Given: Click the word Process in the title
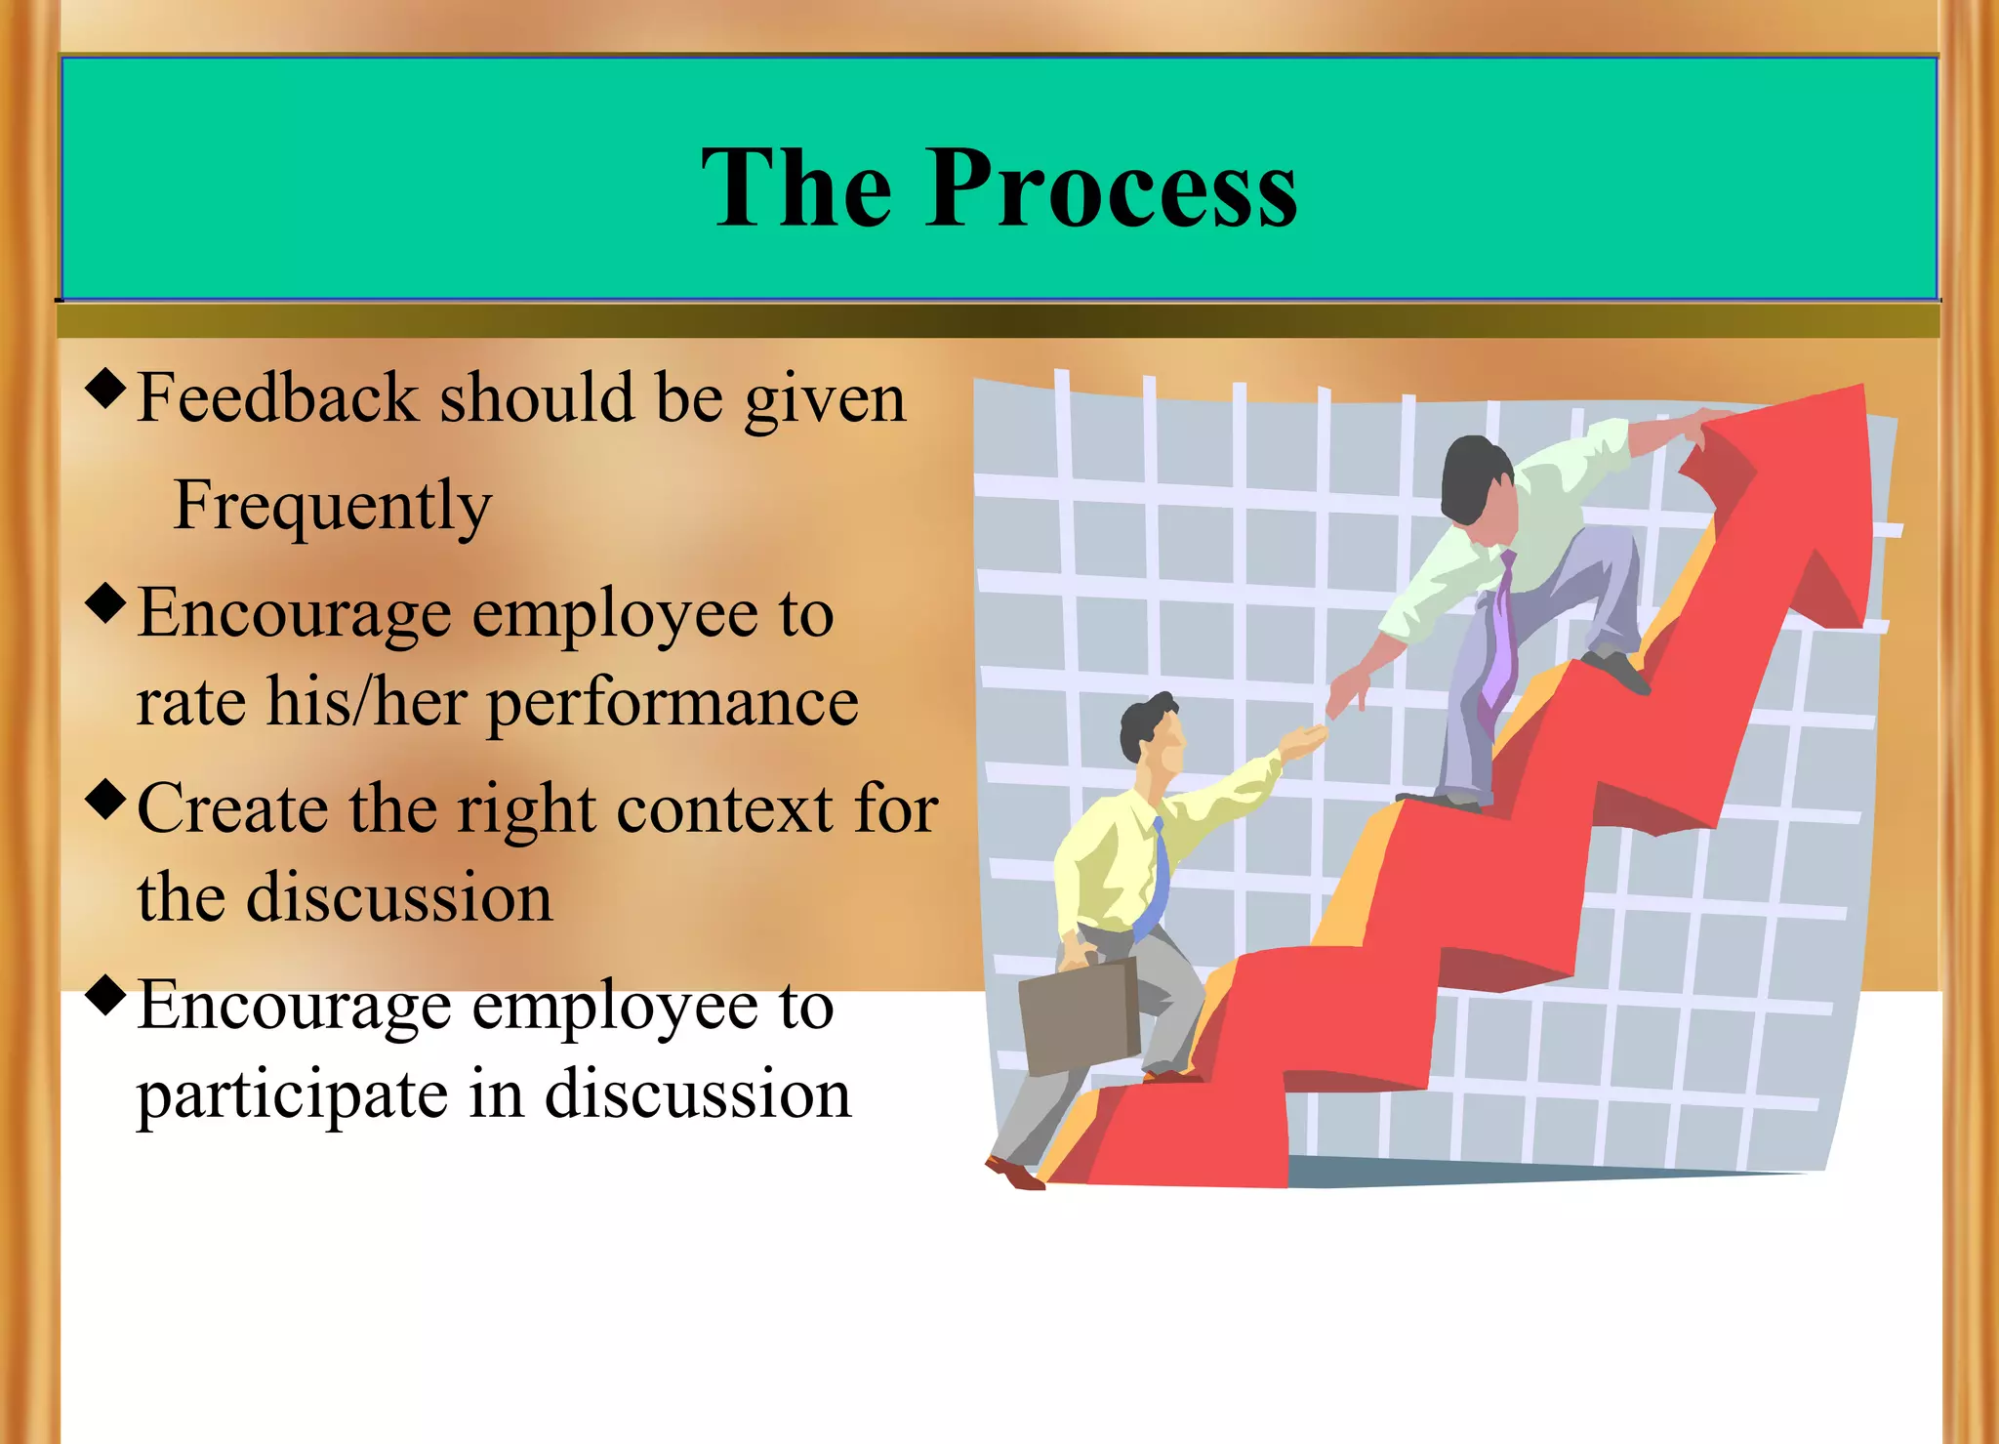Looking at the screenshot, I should pyautogui.click(x=1113, y=188).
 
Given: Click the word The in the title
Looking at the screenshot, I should pyautogui.click(x=796, y=188).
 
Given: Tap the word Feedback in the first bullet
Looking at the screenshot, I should pyautogui.click(x=277, y=398).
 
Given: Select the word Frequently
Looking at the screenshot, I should pyautogui.click(x=332, y=506).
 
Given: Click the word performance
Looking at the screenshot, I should pyautogui.click(x=673, y=703).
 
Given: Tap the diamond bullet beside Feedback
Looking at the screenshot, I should pyautogui.click(x=106, y=388).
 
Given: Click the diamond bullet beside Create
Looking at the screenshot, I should pyautogui.click(x=106, y=799).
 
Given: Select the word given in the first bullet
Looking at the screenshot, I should pyautogui.click(x=825, y=400).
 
